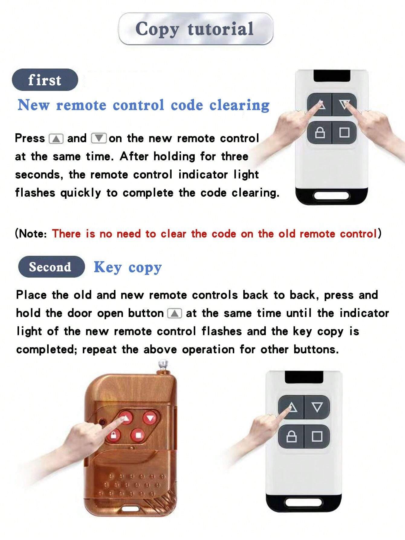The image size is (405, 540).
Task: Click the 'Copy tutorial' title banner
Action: pyautogui.click(x=195, y=29)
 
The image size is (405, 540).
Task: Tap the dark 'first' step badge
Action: pyautogui.click(x=45, y=80)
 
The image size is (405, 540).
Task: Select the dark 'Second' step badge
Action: pyautogui.click(x=50, y=267)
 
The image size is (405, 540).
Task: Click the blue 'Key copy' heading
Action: pyautogui.click(x=128, y=267)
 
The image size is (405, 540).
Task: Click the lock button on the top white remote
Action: pyautogui.click(x=319, y=133)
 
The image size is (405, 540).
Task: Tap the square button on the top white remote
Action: pyautogui.click(x=344, y=133)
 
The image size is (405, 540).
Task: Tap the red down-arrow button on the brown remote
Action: pyautogui.click(x=150, y=418)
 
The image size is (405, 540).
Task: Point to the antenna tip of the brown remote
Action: pyautogui.click(x=163, y=363)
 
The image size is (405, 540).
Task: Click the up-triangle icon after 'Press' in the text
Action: pyautogui.click(x=56, y=139)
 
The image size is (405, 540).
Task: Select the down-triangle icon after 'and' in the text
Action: pyautogui.click(x=99, y=139)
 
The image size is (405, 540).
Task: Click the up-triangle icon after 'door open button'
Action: pyautogui.click(x=174, y=313)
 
